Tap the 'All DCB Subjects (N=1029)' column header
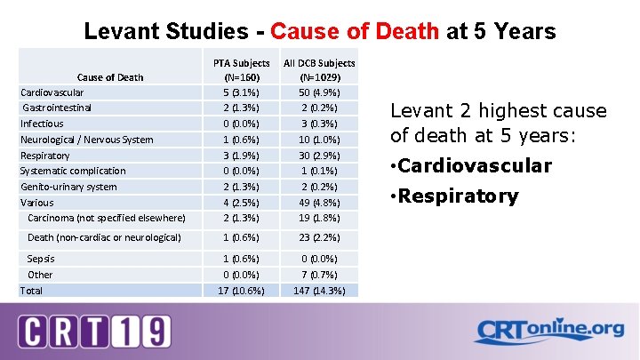pyautogui.click(x=319, y=70)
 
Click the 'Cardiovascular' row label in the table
pyautogui.click(x=52, y=92)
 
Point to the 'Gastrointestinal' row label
pyautogui.click(x=57, y=108)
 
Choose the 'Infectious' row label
pyautogui.click(x=42, y=124)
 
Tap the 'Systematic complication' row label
pyautogui.click(x=73, y=171)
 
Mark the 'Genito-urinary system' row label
pyautogui.click(x=68, y=187)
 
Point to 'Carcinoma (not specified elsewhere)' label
pyautogui.click(x=107, y=218)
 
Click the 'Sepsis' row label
pyautogui.click(x=41, y=259)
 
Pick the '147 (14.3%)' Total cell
pyautogui.click(x=319, y=291)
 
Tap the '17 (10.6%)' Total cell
pyautogui.click(x=241, y=291)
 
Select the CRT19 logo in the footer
pyautogui.click(x=94, y=331)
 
